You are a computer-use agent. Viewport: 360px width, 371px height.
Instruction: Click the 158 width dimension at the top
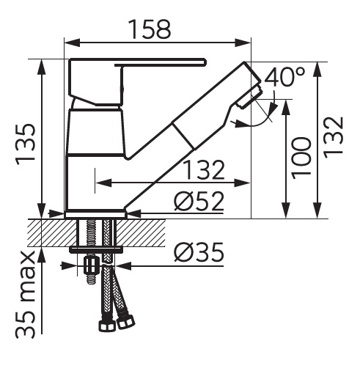click(150, 29)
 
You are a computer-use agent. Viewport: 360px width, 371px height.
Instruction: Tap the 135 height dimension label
click(26, 145)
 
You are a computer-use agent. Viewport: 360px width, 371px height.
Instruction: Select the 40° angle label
click(285, 77)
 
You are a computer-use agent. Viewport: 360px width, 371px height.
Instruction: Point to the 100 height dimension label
click(301, 158)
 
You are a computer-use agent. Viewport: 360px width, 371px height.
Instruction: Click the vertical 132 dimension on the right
click(333, 138)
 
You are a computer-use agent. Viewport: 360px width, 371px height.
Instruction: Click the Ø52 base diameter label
click(199, 201)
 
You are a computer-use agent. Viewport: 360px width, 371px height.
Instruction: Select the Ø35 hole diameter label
click(199, 252)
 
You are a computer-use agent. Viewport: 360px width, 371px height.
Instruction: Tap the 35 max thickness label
click(26, 295)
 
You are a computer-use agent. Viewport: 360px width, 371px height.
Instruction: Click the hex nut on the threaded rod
click(91, 266)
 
